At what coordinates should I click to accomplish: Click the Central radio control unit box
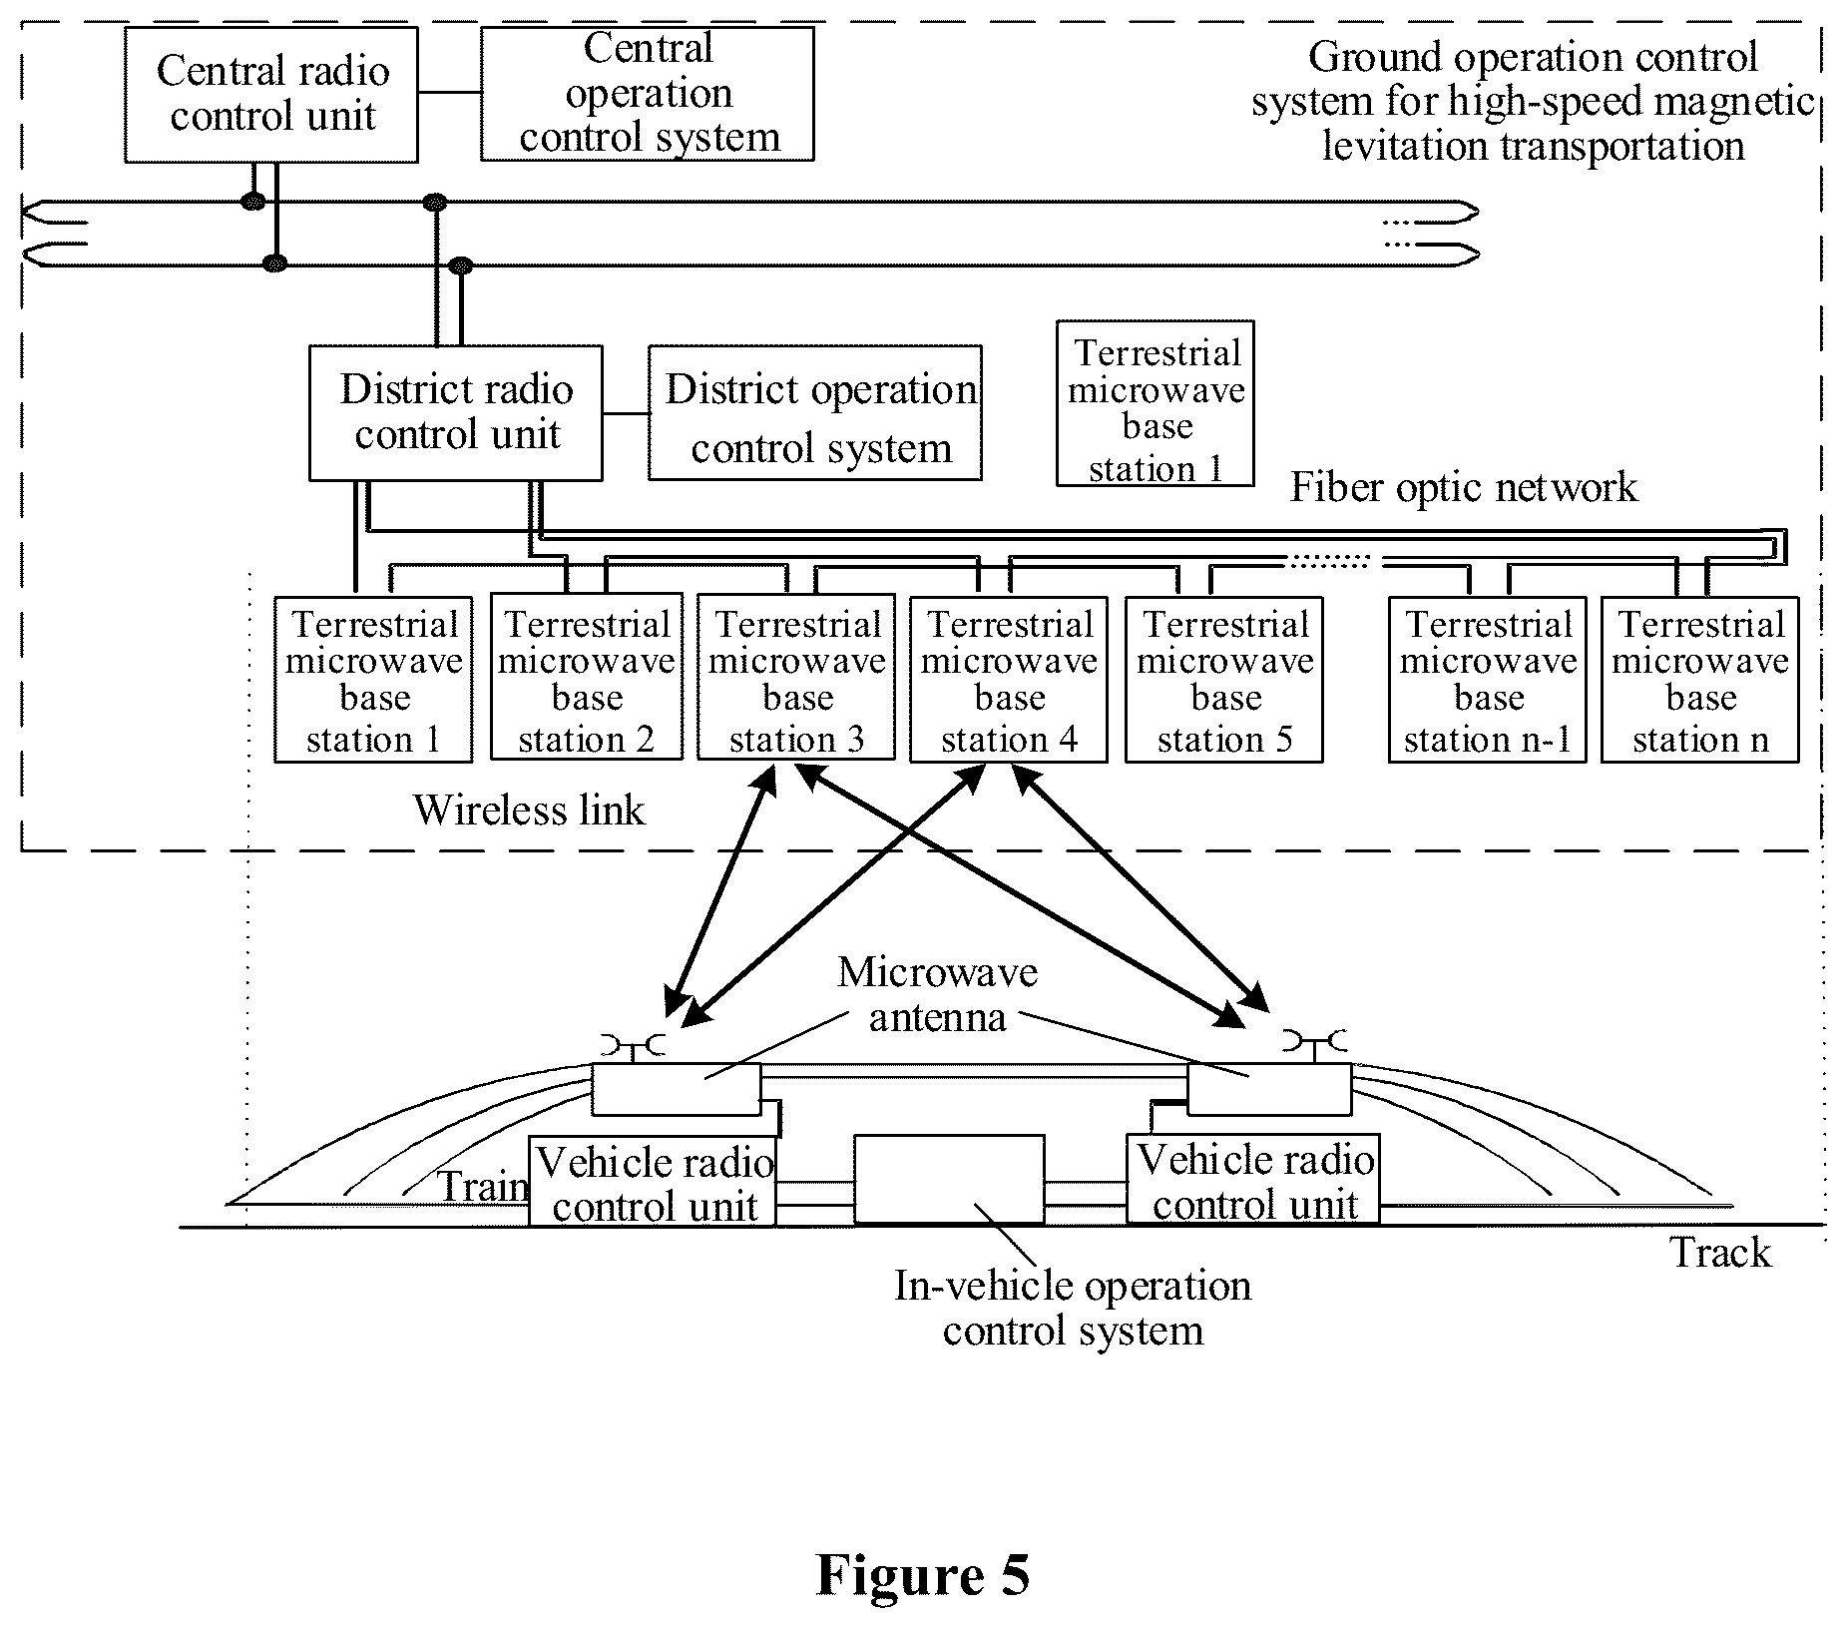click(271, 95)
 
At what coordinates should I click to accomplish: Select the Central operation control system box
click(648, 94)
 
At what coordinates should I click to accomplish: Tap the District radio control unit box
click(456, 413)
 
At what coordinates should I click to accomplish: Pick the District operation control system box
click(815, 413)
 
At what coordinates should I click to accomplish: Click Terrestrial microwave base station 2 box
click(587, 678)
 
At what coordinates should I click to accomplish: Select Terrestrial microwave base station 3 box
click(796, 678)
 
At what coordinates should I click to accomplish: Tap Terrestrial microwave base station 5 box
click(1224, 680)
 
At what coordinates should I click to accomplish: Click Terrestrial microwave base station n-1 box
click(1488, 680)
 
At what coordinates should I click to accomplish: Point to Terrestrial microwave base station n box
click(1700, 680)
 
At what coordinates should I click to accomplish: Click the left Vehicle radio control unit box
click(653, 1181)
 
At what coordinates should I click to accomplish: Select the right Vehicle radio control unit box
click(1253, 1179)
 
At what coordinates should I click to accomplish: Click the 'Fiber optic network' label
click(1464, 487)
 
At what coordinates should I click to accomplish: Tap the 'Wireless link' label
click(530, 810)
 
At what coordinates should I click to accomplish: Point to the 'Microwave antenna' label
click(937, 994)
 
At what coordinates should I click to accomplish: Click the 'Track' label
click(1721, 1253)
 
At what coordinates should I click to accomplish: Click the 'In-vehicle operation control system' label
click(1073, 1308)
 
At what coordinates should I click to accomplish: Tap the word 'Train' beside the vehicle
click(483, 1186)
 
